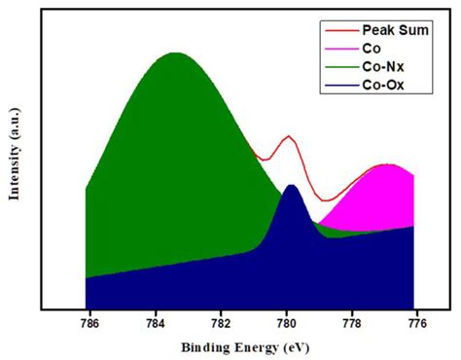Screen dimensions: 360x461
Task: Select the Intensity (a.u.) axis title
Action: [15, 162]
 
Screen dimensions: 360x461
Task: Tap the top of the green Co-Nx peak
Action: [175, 54]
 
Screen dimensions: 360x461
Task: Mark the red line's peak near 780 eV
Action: [288, 136]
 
